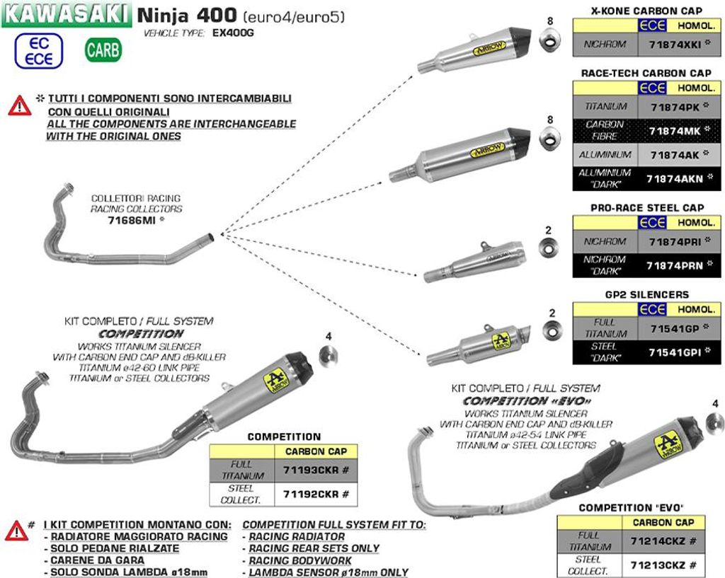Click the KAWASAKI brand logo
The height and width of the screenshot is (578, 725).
click(67, 14)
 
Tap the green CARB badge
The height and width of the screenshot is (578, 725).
click(103, 50)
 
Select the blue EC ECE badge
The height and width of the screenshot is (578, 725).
click(38, 51)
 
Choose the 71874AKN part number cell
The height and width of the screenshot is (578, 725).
click(673, 179)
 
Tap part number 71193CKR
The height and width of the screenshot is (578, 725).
click(316, 470)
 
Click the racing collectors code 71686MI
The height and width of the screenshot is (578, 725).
click(131, 220)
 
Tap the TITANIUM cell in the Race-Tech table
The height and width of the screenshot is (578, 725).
click(605, 107)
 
